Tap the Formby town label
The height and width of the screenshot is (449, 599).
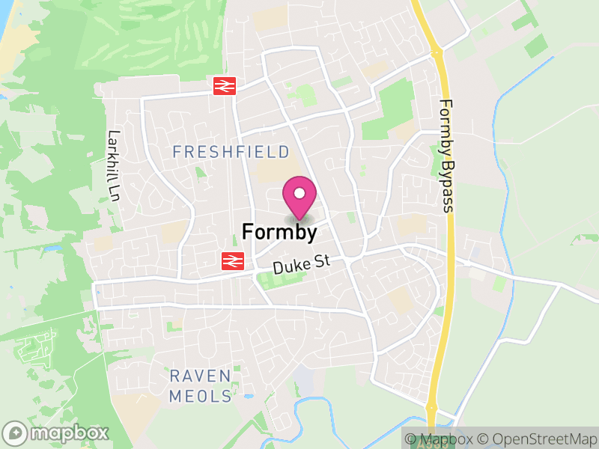pos(279,232)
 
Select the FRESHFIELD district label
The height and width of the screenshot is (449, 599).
pos(231,152)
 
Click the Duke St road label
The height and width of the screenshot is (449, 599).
pos(297,266)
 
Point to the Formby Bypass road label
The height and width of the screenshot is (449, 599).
pos(446,156)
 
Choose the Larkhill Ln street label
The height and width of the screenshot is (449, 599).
pos(114,166)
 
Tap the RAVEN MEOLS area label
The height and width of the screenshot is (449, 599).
pos(201,386)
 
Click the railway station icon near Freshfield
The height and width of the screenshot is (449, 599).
pos(225,86)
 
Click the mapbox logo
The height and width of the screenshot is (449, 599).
pos(57,433)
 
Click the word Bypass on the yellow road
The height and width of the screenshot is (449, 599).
pos(447,186)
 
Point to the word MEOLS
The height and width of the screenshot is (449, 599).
pos(201,397)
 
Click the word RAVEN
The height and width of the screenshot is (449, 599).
pos(201,376)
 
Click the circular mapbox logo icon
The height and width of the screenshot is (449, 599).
pos(16,433)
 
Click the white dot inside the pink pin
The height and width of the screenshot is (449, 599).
pos(299,193)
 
